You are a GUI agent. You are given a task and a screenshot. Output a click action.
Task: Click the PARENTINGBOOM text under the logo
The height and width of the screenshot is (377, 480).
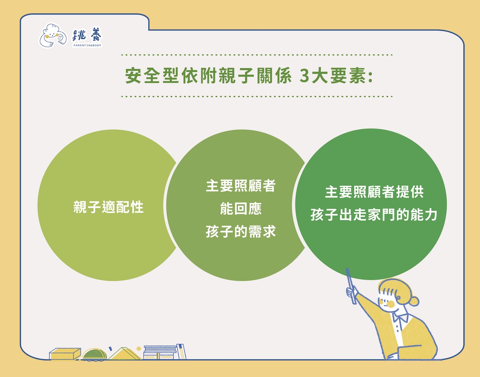point(87,45)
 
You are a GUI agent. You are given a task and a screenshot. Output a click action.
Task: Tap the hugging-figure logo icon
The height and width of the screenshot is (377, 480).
point(53,35)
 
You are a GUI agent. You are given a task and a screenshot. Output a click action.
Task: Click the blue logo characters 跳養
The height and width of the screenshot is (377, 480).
point(87,35)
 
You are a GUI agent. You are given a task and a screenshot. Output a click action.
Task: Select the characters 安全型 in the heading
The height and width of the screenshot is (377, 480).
point(152,76)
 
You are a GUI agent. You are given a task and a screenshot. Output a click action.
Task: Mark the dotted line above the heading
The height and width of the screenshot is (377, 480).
point(256,55)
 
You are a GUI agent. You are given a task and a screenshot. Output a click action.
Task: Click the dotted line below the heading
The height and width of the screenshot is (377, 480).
point(256,96)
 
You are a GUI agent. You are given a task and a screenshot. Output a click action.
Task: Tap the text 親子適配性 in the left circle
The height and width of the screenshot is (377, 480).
point(108,207)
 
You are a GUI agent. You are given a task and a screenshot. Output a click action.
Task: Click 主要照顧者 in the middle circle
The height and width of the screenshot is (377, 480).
point(241,186)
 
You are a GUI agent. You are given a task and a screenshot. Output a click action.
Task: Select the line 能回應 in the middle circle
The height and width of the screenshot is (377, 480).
point(241,209)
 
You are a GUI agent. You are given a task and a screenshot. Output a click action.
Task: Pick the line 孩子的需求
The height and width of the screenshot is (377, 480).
point(241,232)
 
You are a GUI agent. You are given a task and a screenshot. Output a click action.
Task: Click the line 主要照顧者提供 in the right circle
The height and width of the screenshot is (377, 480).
point(374,192)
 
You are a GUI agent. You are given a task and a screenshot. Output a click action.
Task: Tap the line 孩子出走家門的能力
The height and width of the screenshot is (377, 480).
point(374,215)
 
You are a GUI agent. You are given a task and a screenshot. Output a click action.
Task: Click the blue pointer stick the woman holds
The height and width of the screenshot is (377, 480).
point(351,286)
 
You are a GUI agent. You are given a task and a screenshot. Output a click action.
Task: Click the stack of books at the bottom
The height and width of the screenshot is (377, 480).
point(165,352)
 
